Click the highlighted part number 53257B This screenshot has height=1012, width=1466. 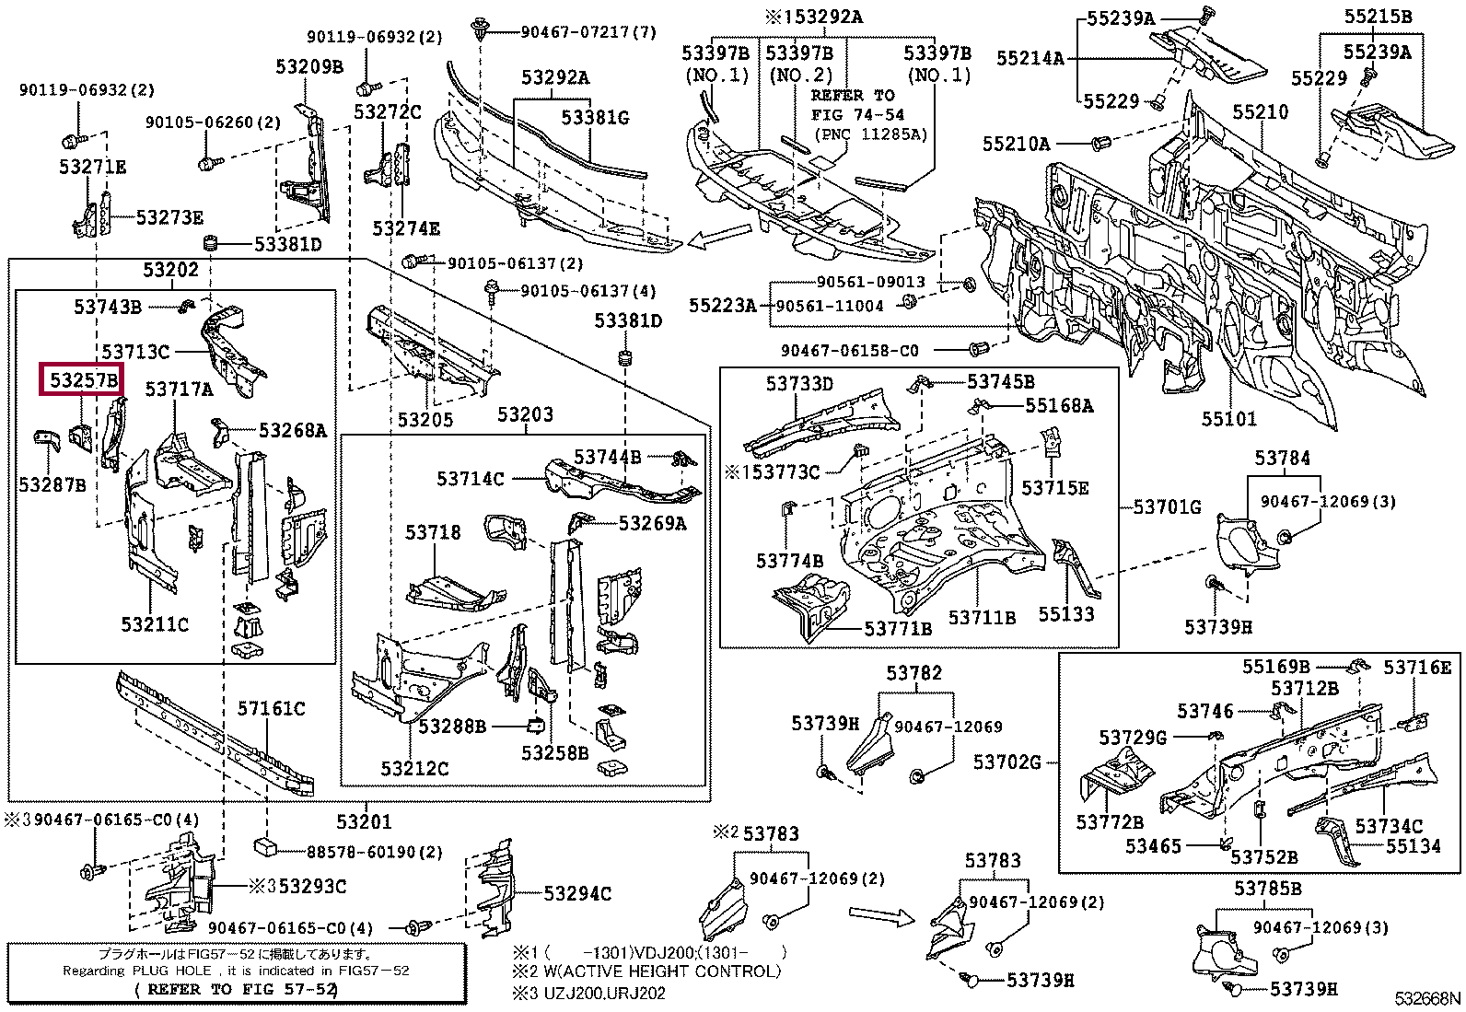83,379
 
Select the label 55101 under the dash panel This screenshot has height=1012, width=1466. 1228,419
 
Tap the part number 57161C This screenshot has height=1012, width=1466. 271,708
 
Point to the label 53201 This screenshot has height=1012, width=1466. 364,821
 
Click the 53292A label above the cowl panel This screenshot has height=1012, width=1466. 554,77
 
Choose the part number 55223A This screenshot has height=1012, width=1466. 722,305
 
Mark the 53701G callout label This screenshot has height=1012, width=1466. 1167,506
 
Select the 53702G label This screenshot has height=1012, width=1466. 1007,762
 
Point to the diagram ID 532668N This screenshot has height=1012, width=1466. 1426,999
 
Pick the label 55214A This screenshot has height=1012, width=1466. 1030,58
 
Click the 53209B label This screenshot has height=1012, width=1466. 308,66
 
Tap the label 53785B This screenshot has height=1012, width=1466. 1268,889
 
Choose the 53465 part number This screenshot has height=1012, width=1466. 1152,845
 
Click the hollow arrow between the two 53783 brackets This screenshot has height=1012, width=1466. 880,916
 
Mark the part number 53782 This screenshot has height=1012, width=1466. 913,673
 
